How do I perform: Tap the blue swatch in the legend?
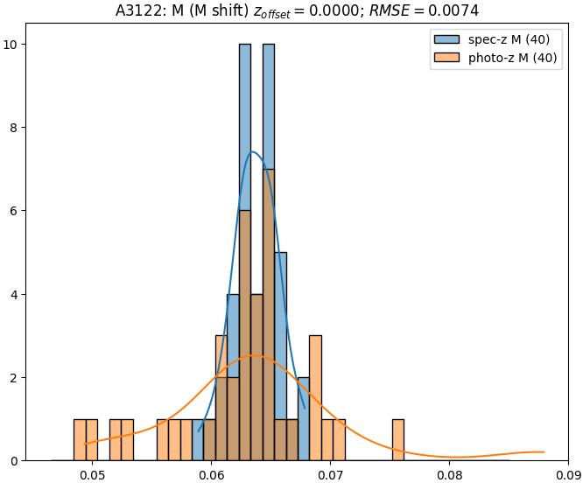(446, 39)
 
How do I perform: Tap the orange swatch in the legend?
(446, 59)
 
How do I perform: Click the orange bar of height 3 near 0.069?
(315, 398)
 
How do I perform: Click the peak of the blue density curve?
(253, 151)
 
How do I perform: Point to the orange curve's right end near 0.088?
(544, 451)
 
